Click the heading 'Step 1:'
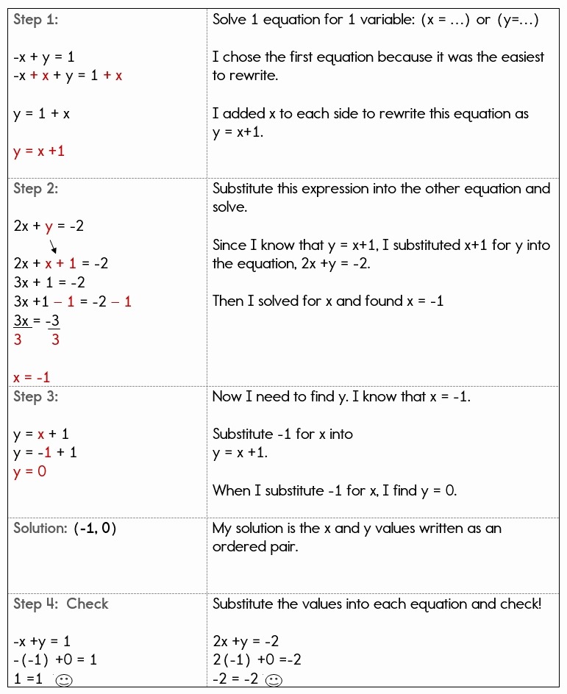coord(36,20)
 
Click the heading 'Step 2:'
coord(36,189)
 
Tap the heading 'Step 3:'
coord(36,397)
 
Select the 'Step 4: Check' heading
coord(61,604)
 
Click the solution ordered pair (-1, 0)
coord(96,529)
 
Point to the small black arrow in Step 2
coord(53,246)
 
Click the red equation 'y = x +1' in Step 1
coord(39,151)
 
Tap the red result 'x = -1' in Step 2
coord(32,377)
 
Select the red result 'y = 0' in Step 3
coord(29,472)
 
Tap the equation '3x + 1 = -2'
coord(49,283)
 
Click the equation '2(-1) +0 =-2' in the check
coord(257,660)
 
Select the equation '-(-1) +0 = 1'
coord(55,660)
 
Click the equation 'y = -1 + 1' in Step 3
coord(45,453)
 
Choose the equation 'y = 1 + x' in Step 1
coord(42,114)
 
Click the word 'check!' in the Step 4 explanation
coord(518,604)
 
